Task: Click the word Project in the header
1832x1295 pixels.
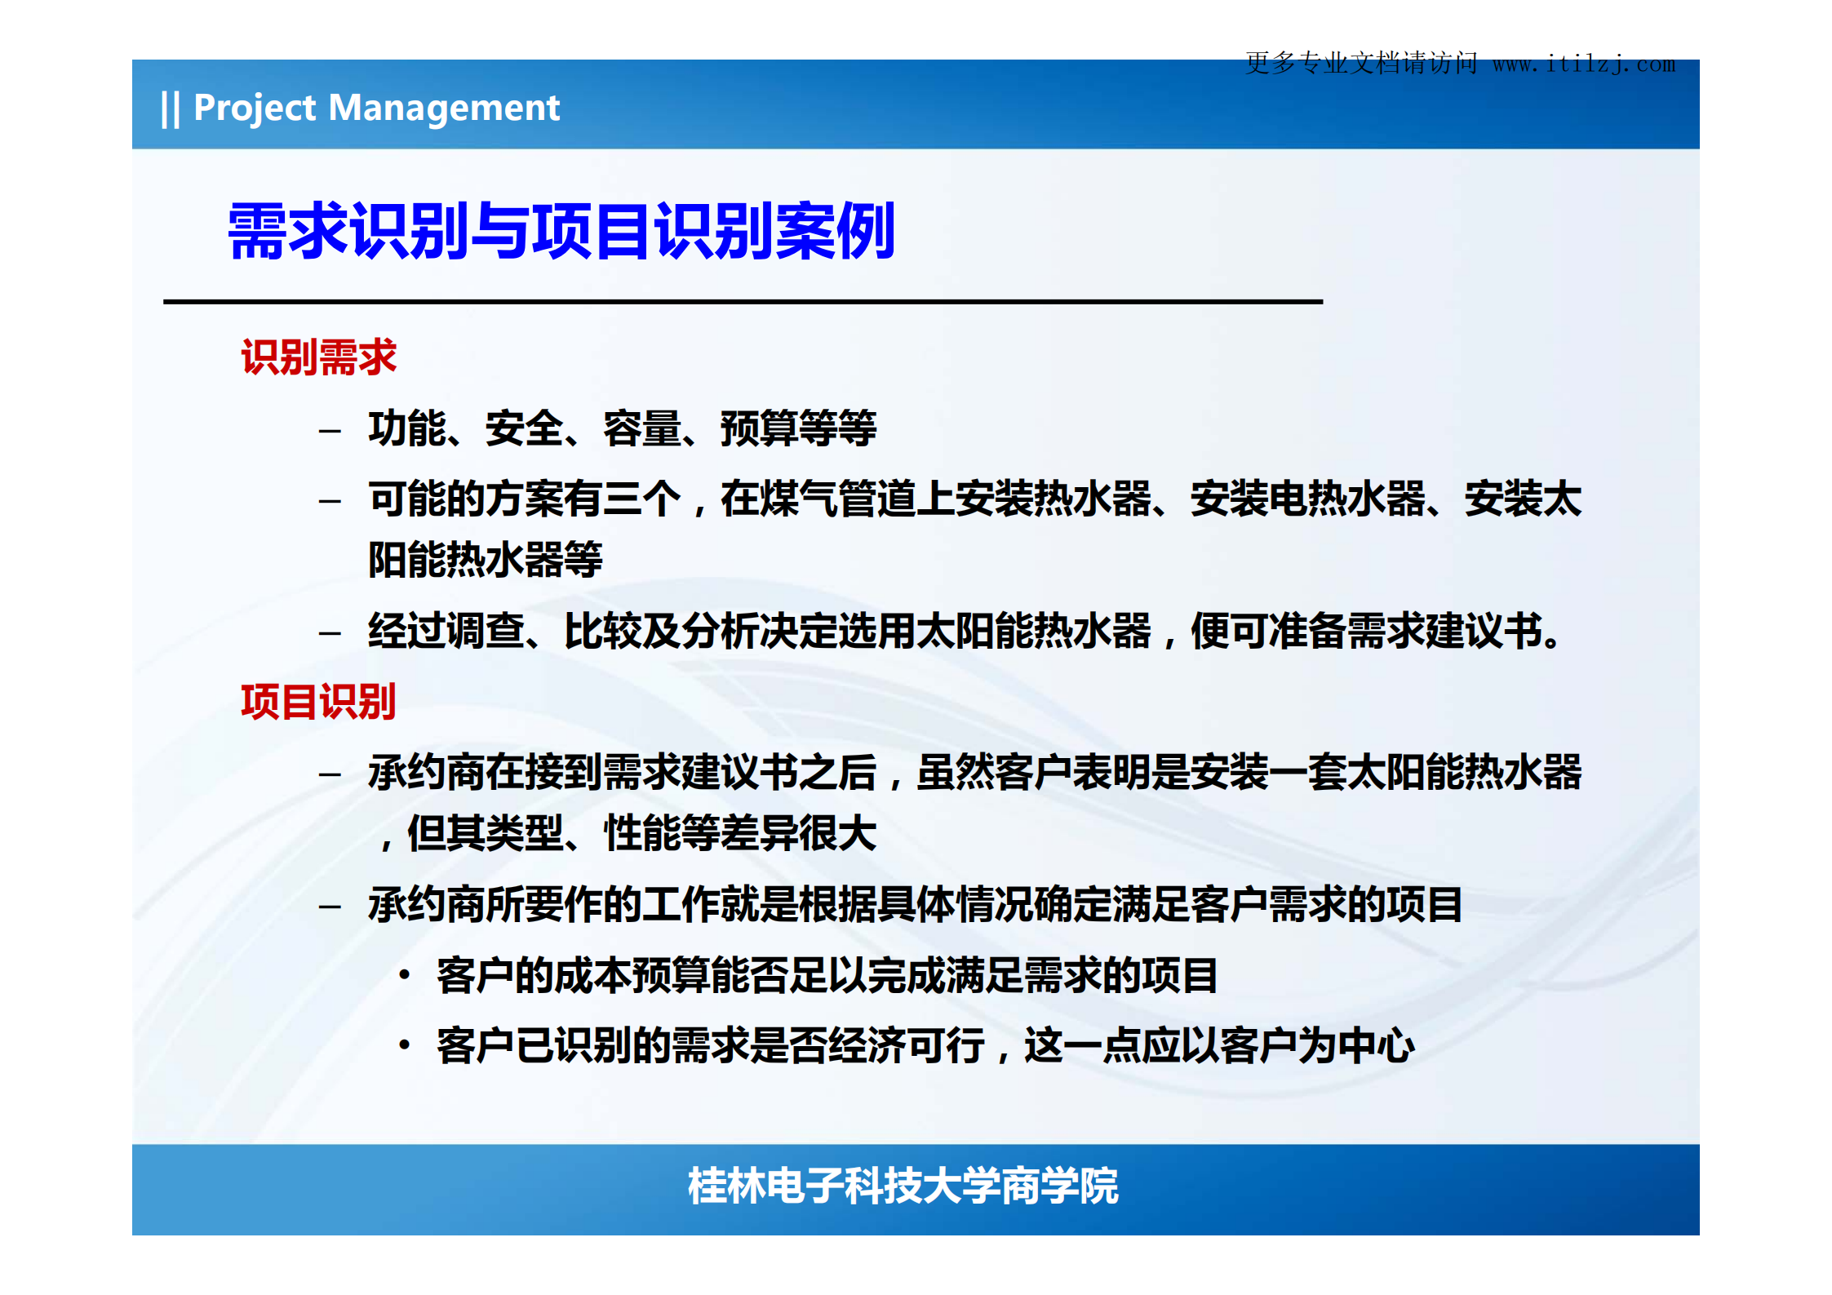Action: pos(254,108)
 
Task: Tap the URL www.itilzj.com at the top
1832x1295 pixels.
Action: pos(1582,64)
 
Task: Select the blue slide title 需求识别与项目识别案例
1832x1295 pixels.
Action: pos(561,232)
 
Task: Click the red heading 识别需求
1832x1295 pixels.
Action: pos(318,357)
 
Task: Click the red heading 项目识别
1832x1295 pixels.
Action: pos(318,702)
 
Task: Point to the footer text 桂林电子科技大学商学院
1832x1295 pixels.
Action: pos(903,1186)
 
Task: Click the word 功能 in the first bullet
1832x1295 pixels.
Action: pos(407,428)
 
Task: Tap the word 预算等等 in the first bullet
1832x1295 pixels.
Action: pos(798,428)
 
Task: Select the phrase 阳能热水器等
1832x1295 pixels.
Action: pos(485,560)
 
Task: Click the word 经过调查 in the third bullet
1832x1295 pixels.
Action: pos(446,631)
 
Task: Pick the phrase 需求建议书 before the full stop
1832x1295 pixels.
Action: pos(1444,631)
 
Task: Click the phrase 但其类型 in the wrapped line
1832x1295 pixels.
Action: pos(485,834)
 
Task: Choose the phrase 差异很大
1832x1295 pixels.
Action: pos(798,834)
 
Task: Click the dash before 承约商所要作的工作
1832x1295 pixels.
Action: pos(330,906)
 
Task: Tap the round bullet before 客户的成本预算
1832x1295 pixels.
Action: pos(405,974)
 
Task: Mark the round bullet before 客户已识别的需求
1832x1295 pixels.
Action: pos(405,1044)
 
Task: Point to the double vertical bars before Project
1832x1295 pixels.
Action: pos(170,109)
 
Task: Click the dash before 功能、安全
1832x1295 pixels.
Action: pos(330,430)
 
